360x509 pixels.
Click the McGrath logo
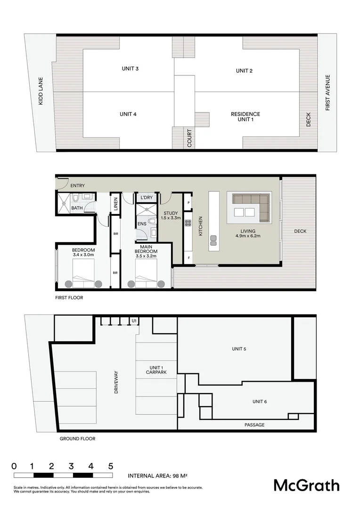pos(306,485)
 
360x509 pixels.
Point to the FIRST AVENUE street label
pos(327,93)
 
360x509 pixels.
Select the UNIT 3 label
pos(130,69)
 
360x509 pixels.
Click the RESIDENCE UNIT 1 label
pos(245,117)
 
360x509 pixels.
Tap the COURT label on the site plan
pos(189,138)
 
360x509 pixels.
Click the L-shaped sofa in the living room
pos(249,207)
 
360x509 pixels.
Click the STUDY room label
pos(171,213)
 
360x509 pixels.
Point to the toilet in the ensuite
pos(151,221)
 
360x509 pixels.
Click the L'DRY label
pos(147,197)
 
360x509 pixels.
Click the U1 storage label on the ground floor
pos(134,321)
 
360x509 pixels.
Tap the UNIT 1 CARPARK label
pos(156,370)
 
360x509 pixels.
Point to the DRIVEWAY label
pos(116,382)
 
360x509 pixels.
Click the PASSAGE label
pos(254,425)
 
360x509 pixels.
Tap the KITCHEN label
pos(200,226)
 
